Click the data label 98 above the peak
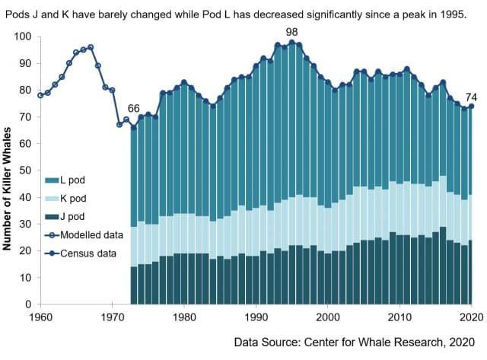point(291,31)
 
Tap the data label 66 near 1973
point(134,108)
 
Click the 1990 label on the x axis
point(256,316)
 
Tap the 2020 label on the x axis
point(472,316)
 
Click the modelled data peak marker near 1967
point(91,47)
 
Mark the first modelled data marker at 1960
point(40,95)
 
